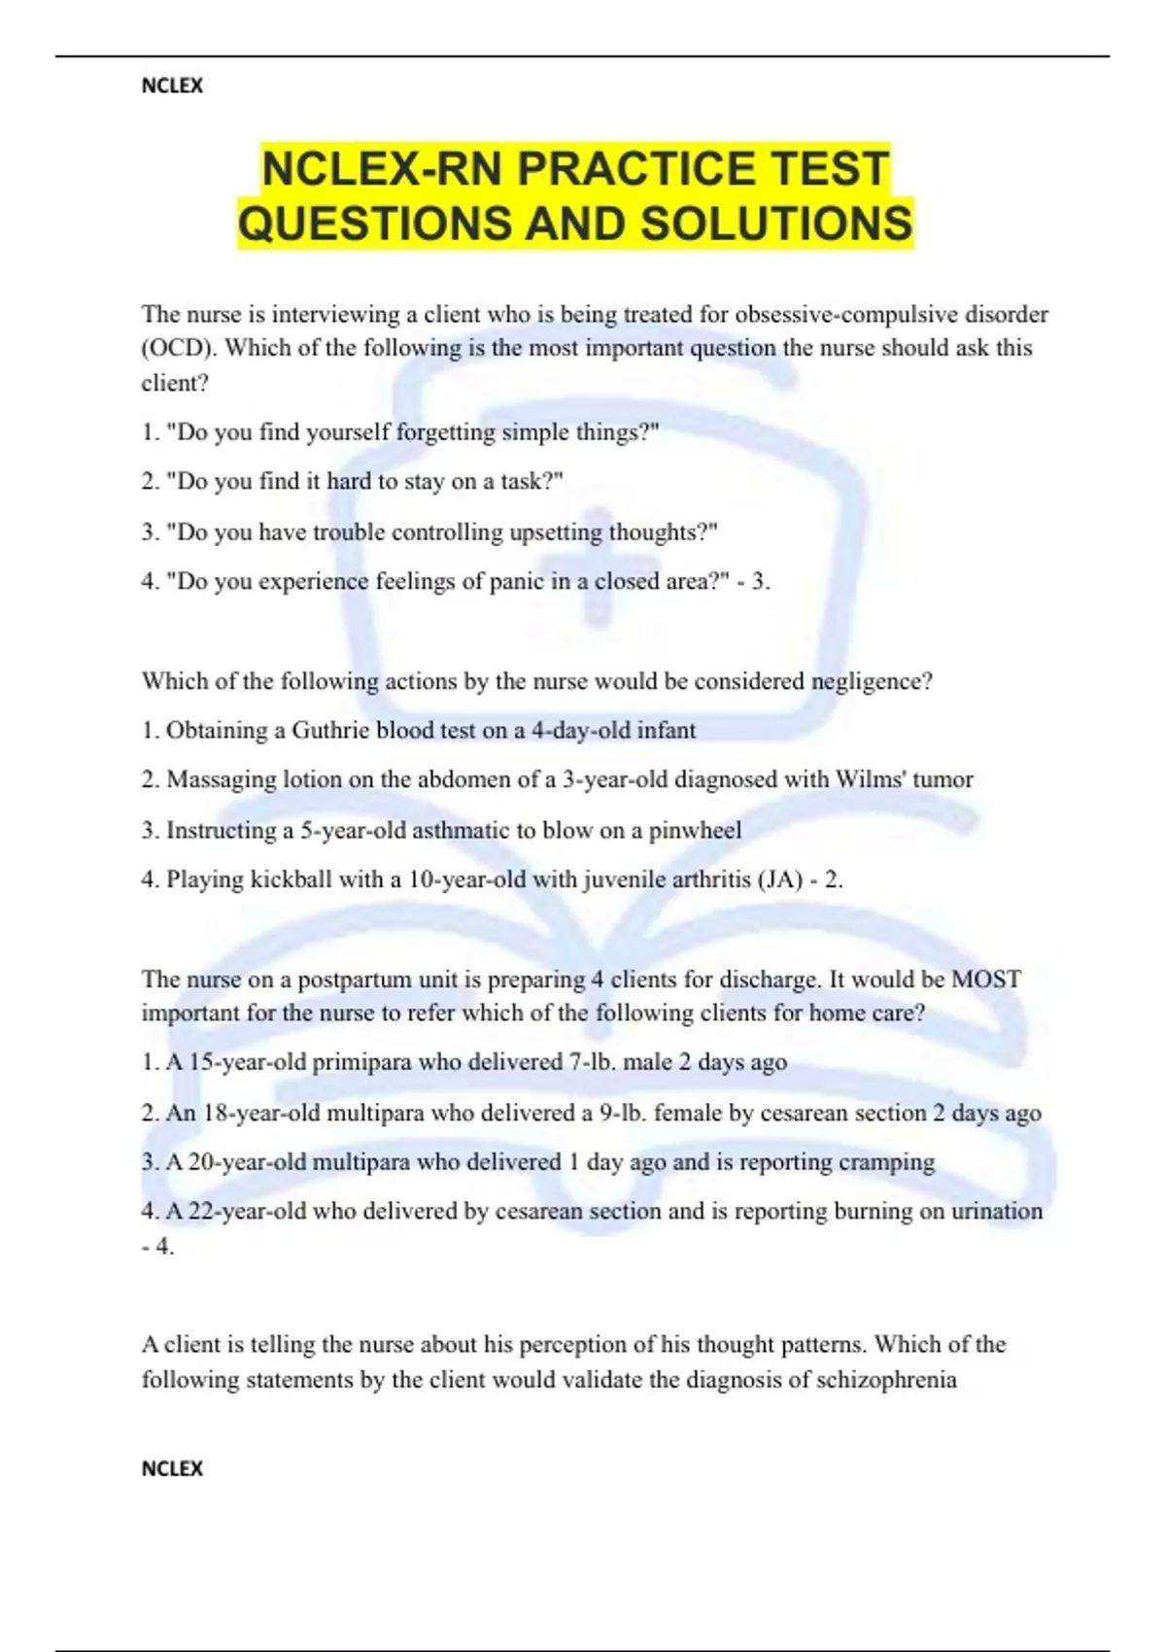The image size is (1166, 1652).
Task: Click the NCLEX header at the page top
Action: pyautogui.click(x=172, y=86)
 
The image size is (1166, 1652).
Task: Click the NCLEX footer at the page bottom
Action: pyautogui.click(x=172, y=1468)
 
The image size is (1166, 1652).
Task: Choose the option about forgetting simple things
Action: pyautogui.click(x=400, y=432)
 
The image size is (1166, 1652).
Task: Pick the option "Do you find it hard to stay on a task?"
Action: pyautogui.click(x=352, y=482)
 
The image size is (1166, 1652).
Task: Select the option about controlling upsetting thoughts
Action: pyautogui.click(x=429, y=533)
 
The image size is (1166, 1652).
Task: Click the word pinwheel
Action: pyautogui.click(x=695, y=830)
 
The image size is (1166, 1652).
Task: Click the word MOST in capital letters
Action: pyautogui.click(x=986, y=979)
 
